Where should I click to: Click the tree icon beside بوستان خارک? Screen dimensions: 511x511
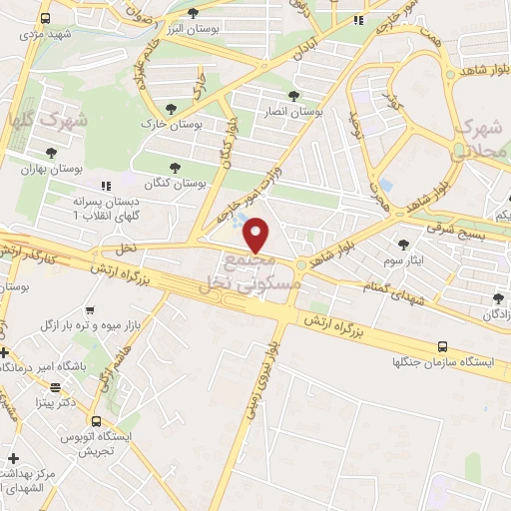point(173,105)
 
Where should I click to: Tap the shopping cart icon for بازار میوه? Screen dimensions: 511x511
point(91,311)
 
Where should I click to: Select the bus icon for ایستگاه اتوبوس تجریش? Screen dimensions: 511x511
point(97,421)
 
